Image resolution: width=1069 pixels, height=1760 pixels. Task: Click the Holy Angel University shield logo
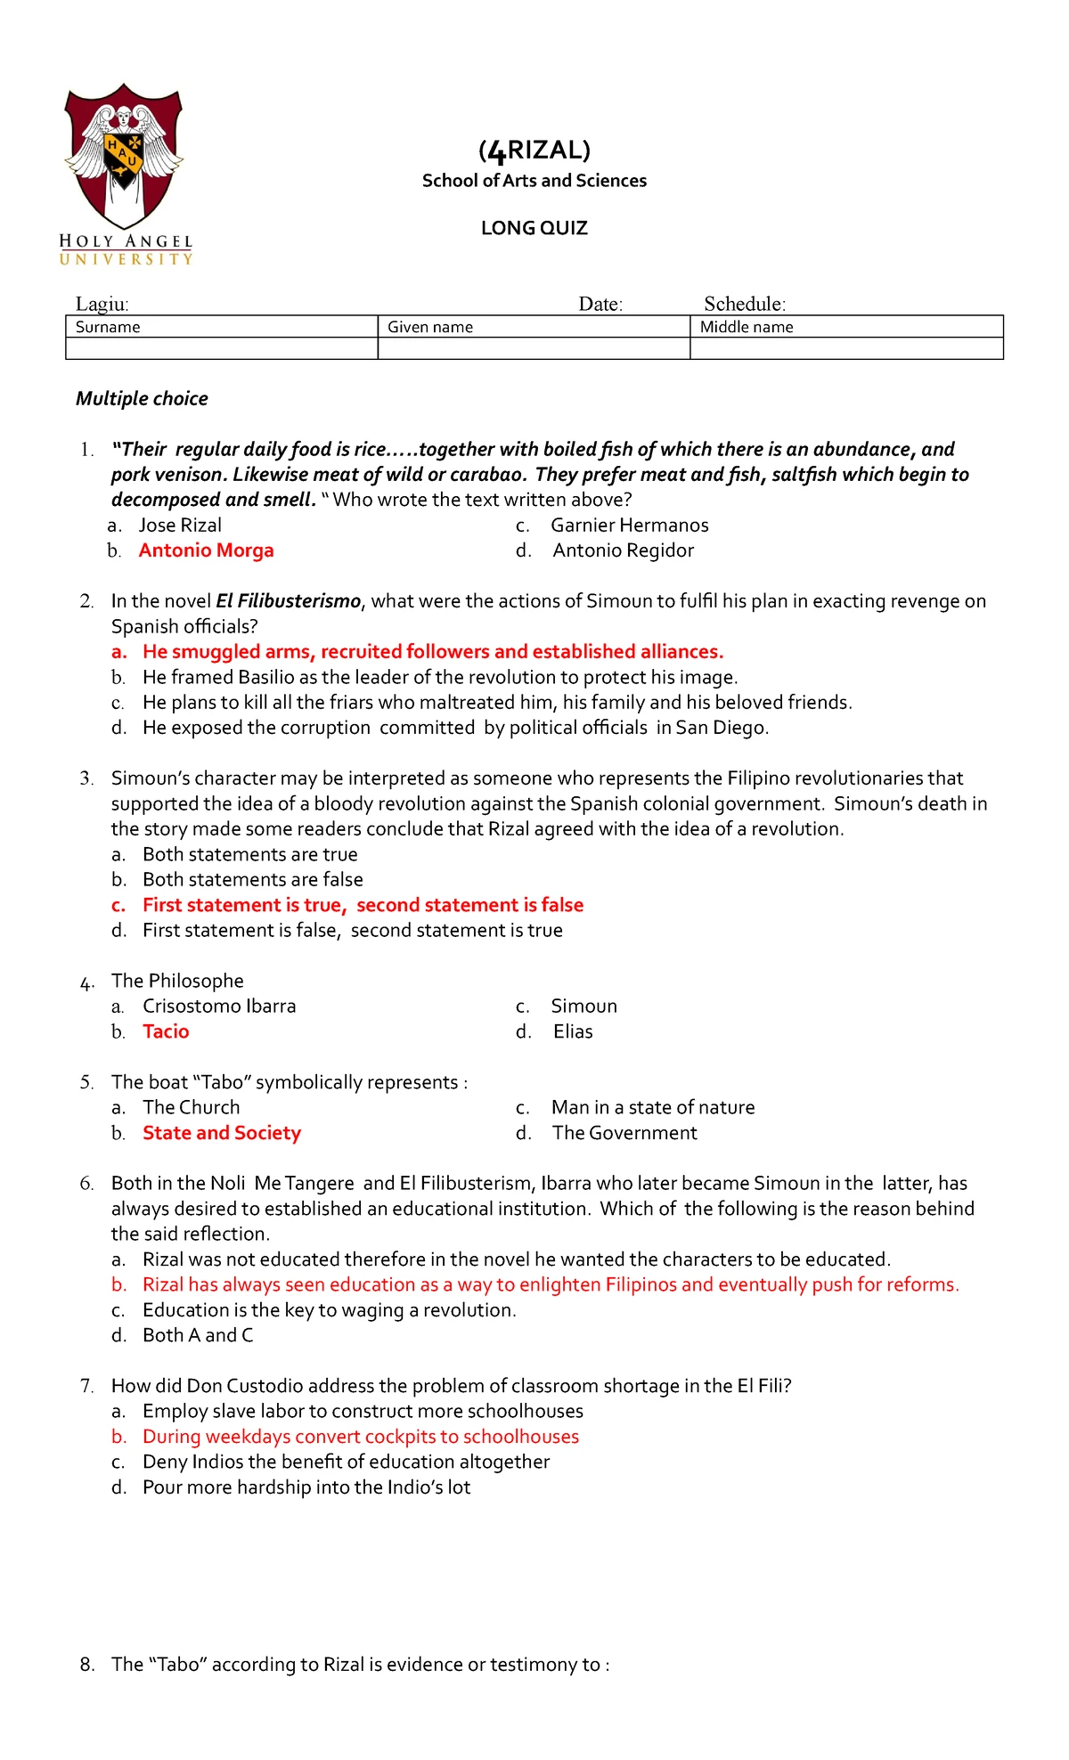pyautogui.click(x=124, y=157)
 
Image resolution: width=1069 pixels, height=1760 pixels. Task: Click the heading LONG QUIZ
pyautogui.click(x=534, y=228)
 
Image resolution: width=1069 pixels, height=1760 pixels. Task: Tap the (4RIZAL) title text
pyautogui.click(x=534, y=150)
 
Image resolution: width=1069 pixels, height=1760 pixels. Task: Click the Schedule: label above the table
pyautogui.click(x=745, y=304)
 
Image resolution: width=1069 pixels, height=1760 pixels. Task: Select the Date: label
pyautogui.click(x=600, y=304)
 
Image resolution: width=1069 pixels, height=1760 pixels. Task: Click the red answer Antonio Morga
pyautogui.click(x=206, y=550)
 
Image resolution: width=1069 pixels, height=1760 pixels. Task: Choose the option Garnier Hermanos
pyautogui.click(x=629, y=526)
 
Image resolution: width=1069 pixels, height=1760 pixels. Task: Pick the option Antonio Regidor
pyautogui.click(x=623, y=550)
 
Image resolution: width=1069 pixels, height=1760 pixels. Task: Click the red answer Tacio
pyautogui.click(x=166, y=1031)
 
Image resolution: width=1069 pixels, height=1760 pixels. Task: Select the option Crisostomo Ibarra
pyautogui.click(x=219, y=1006)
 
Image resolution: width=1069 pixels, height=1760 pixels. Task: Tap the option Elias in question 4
pyautogui.click(x=573, y=1031)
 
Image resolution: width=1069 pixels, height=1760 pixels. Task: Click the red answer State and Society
pyautogui.click(x=222, y=1133)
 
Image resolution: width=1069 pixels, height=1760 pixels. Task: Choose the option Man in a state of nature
pyautogui.click(x=653, y=1107)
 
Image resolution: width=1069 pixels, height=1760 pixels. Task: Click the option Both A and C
pyautogui.click(x=198, y=1335)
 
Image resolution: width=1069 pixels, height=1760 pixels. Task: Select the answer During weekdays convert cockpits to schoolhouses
pyautogui.click(x=361, y=1437)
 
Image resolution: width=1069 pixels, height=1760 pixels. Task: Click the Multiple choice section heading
pyautogui.click(x=142, y=398)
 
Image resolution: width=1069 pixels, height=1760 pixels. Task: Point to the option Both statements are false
pyautogui.click(x=253, y=879)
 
